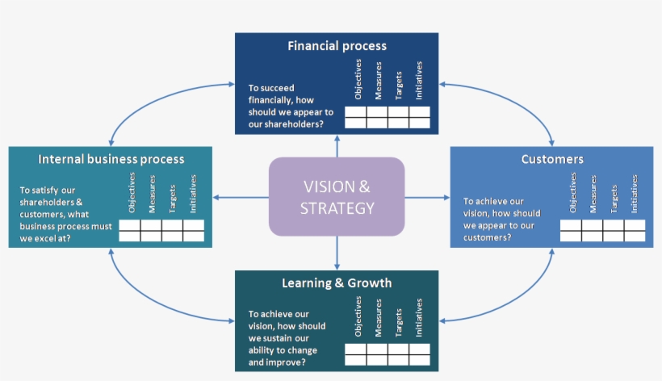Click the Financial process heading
point(337,46)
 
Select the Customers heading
point(552,159)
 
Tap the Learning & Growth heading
point(337,283)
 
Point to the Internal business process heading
point(111,159)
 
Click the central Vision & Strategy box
point(337,197)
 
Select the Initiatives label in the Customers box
point(635,194)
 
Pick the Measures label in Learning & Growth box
point(379,318)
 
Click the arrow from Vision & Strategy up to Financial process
point(337,145)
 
